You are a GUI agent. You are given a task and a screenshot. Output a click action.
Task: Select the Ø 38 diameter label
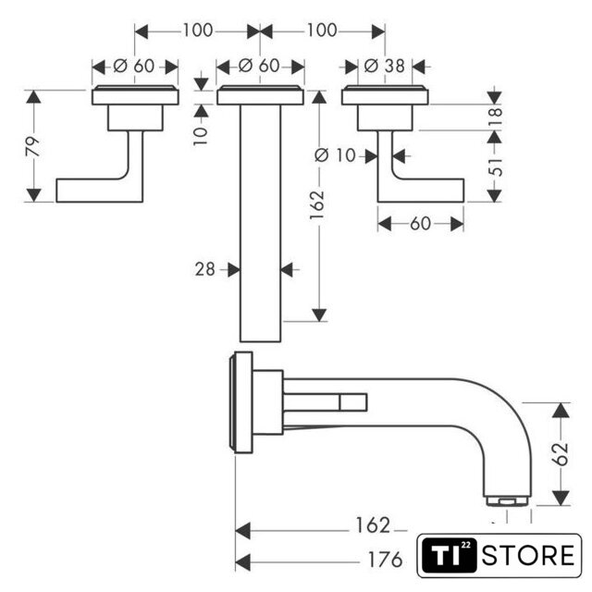coord(380,66)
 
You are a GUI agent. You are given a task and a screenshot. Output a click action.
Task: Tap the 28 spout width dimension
coord(204,269)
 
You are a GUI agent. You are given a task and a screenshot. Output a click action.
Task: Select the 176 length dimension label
coord(383,561)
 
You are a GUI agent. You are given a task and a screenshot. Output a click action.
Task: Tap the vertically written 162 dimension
coord(318,202)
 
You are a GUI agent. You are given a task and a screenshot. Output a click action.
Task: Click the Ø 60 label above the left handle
coord(135,66)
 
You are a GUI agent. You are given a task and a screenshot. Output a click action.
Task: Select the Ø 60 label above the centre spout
coord(259,66)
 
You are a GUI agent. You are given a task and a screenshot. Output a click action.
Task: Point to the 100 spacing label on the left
coord(197,30)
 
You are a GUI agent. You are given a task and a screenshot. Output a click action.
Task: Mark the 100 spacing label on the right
coord(321,30)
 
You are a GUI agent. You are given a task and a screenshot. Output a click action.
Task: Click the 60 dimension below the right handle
coord(420,223)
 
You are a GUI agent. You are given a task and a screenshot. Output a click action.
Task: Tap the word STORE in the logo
coord(529,555)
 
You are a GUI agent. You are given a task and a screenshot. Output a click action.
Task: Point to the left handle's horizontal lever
coord(97,190)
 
